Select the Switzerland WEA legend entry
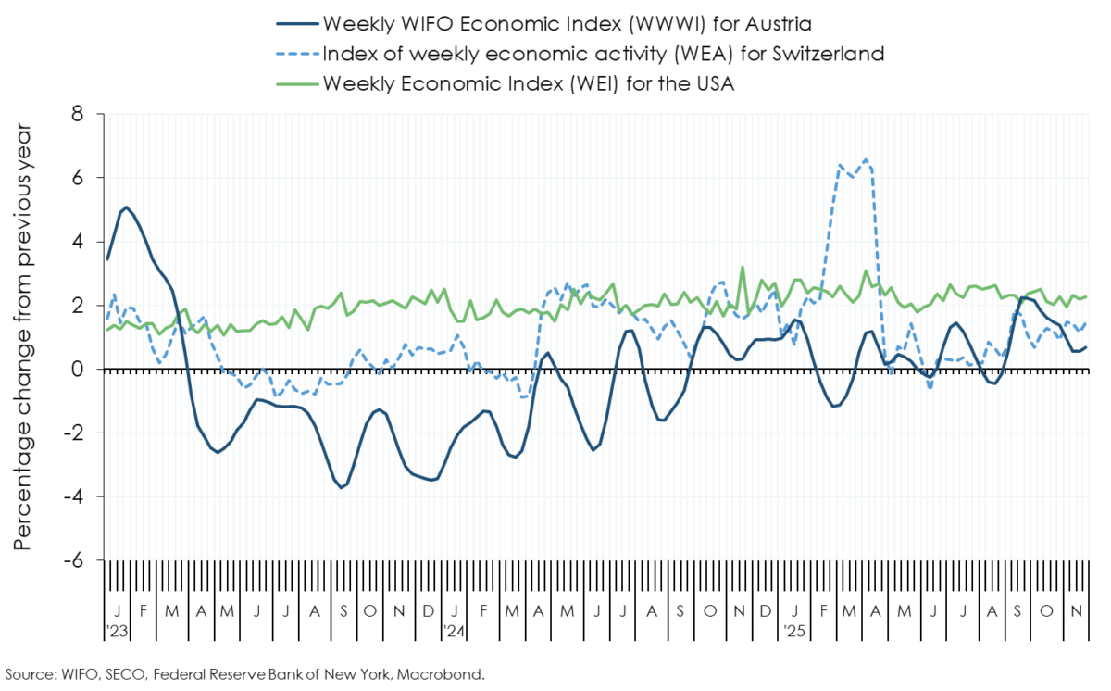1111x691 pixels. click(602, 53)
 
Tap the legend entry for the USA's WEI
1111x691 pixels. click(528, 82)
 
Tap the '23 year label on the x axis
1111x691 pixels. click(117, 631)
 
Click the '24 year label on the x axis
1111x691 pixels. click(454, 631)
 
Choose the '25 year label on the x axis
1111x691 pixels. click(793, 631)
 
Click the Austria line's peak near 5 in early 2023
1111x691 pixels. click(126, 207)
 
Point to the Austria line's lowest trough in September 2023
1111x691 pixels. click(342, 487)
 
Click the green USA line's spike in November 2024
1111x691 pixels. click(742, 268)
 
